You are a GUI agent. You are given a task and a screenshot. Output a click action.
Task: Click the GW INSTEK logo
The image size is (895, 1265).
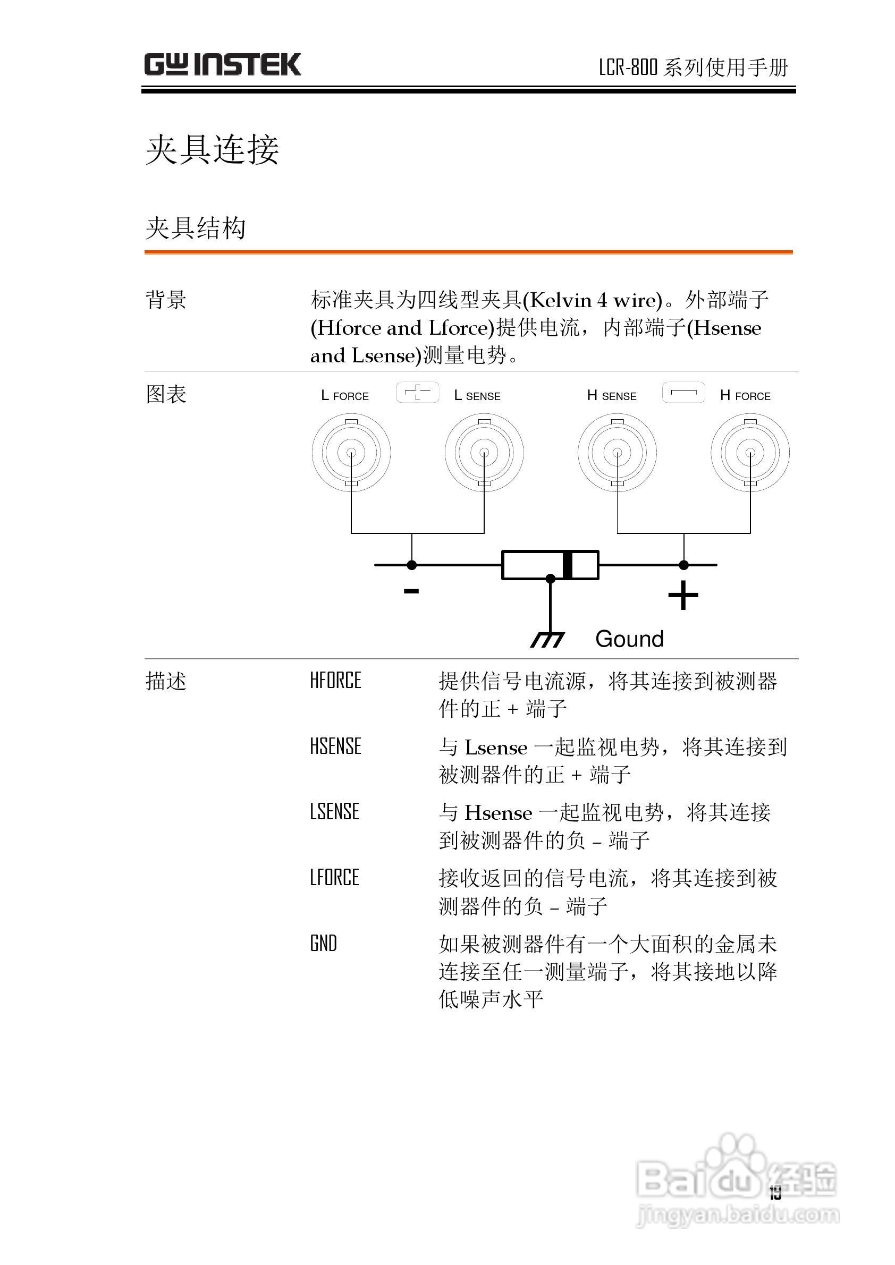(223, 65)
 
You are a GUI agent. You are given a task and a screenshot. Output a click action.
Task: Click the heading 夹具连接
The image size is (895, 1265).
(212, 149)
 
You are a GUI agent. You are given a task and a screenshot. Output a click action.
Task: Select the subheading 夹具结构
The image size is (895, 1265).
(196, 228)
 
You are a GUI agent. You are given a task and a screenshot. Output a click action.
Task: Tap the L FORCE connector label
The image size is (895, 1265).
(345, 396)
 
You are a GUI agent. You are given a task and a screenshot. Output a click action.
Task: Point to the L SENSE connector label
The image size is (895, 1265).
(477, 396)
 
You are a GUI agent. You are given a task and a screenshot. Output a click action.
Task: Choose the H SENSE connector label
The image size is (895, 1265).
(612, 396)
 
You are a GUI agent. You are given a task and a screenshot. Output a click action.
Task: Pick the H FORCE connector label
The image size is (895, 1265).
(745, 396)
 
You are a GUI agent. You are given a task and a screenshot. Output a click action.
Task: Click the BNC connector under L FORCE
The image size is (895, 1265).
(351, 453)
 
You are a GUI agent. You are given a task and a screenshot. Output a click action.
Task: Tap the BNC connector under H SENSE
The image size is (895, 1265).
(617, 453)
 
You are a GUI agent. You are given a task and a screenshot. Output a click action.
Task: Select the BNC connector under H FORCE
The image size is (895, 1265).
(750, 453)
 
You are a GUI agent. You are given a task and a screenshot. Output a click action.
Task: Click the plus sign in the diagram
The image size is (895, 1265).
(683, 596)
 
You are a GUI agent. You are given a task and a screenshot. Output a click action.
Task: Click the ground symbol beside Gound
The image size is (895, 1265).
(547, 639)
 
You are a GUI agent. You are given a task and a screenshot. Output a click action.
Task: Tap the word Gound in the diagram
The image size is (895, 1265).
(629, 639)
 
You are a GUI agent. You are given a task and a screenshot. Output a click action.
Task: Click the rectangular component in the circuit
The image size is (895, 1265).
(550, 565)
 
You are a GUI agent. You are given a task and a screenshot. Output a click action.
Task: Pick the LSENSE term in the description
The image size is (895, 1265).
(334, 812)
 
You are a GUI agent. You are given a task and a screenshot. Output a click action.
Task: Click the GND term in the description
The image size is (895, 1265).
(324, 944)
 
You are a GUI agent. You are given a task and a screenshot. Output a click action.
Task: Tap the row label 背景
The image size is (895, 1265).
(166, 300)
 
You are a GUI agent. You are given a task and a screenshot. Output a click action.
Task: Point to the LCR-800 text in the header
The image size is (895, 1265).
(628, 67)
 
